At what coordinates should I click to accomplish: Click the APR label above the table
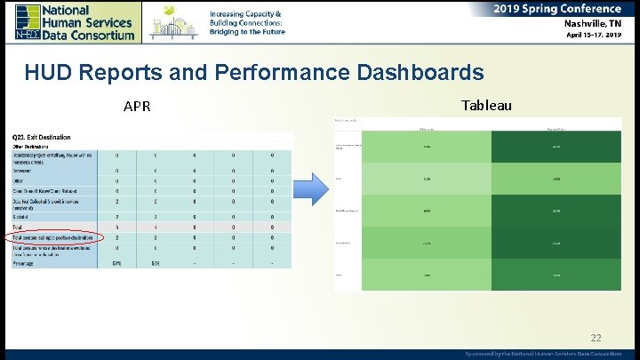(137, 108)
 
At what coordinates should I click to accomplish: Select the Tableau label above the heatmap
(486, 106)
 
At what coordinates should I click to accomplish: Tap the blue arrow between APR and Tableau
(308, 189)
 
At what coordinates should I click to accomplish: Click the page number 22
(595, 337)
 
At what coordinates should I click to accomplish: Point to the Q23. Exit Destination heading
(42, 137)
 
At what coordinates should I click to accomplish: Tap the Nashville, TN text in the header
(592, 24)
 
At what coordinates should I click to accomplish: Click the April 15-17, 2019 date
(594, 36)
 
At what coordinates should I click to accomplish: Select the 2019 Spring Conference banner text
(557, 8)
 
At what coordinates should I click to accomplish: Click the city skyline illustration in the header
(174, 21)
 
